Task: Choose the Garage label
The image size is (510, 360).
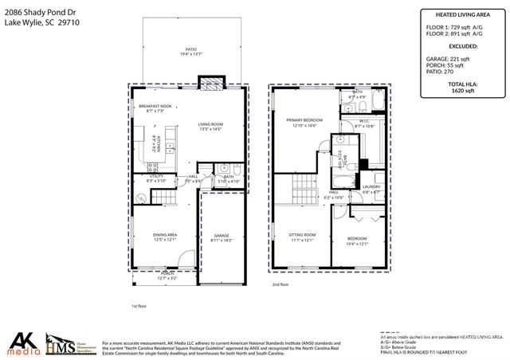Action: coord(221,237)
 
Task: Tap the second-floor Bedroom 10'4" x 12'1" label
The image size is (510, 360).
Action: coord(358,241)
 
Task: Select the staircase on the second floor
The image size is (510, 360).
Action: coord(303,190)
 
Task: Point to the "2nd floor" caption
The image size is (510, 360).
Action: coord(280,284)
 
